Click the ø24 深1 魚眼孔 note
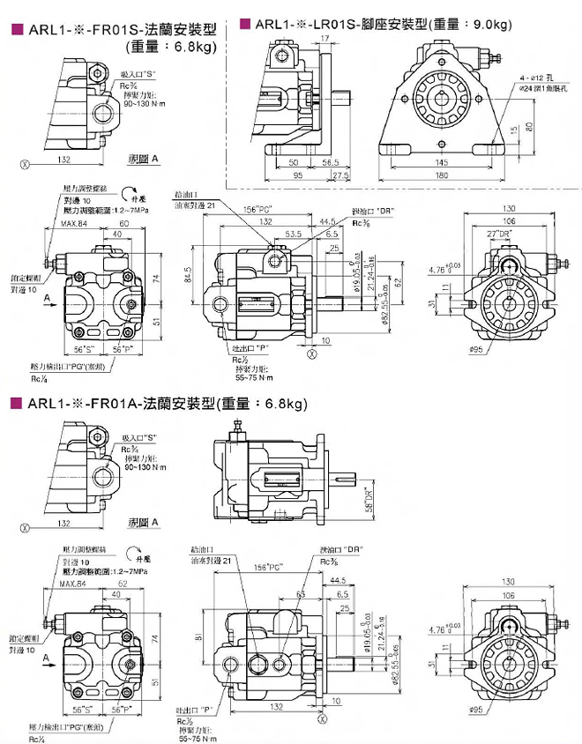tap(544, 88)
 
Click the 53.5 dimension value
tap(294, 234)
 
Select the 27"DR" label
tap(498, 233)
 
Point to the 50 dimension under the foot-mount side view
tap(294, 163)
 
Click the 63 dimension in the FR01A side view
tap(301, 595)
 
